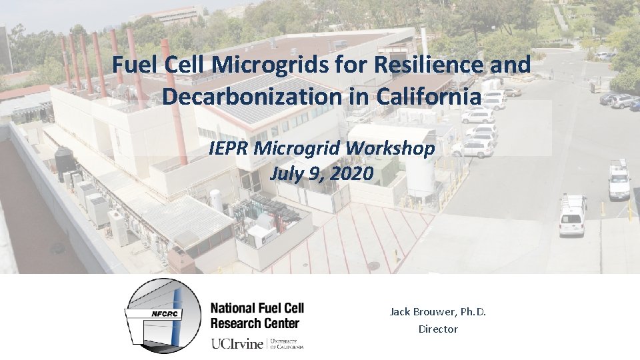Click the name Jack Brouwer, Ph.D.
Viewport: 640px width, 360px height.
click(438, 311)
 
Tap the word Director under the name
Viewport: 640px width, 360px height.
click(438, 329)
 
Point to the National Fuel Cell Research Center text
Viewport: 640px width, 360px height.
click(257, 315)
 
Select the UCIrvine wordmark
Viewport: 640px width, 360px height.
click(238, 344)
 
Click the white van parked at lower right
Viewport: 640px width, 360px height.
click(572, 216)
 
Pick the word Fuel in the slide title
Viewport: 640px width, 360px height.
click(133, 65)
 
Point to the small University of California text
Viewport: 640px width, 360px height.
click(289, 344)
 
